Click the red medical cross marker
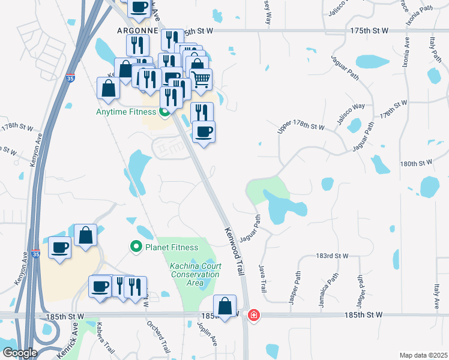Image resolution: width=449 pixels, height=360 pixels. click(x=253, y=315)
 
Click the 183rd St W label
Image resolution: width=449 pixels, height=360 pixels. click(x=332, y=256)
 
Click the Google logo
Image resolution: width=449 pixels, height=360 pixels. click(x=19, y=353)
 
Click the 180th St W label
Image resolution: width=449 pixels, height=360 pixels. click(x=417, y=163)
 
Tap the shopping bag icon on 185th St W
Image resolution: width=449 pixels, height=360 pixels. click(x=225, y=306)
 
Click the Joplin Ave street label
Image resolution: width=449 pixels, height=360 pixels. click(x=208, y=334)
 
